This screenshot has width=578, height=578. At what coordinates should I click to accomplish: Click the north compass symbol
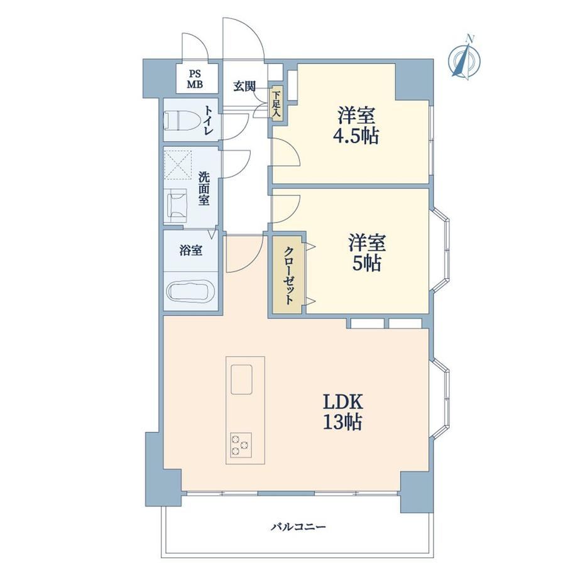(x=464, y=58)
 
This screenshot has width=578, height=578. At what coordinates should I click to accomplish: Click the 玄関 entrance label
(x=244, y=86)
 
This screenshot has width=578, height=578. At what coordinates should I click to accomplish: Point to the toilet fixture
(x=182, y=120)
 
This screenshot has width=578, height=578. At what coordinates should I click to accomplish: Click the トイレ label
(x=209, y=120)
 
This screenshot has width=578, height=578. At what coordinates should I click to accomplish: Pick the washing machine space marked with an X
(x=178, y=165)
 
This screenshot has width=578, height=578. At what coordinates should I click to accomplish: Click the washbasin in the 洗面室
(x=178, y=205)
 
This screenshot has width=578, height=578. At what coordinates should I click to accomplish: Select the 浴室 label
(x=190, y=251)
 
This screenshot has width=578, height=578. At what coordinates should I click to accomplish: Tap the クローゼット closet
(x=288, y=275)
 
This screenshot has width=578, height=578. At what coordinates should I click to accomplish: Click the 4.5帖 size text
(x=356, y=136)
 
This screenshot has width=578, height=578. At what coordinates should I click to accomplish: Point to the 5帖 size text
(x=366, y=263)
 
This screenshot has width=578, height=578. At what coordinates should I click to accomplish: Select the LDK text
(x=344, y=402)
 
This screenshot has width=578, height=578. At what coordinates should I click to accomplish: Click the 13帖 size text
(x=342, y=422)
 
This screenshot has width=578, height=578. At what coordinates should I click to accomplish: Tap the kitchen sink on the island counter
(x=241, y=379)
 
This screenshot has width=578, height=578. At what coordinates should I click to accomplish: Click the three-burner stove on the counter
(x=241, y=445)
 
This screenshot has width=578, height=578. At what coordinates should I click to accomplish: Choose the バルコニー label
(x=298, y=526)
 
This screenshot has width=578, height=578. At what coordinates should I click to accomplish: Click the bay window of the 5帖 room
(x=440, y=250)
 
